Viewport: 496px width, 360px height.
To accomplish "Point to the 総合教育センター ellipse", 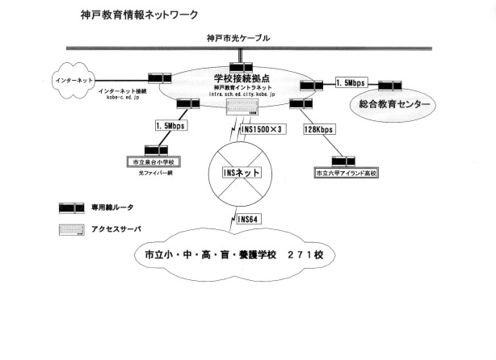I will click(x=389, y=104).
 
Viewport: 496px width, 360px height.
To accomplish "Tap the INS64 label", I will click(x=250, y=219).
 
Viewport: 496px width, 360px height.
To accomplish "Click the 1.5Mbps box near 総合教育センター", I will click(x=351, y=82).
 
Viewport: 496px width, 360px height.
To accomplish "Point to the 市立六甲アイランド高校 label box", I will click(x=346, y=172).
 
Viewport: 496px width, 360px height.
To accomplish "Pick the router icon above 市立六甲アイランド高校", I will click(x=336, y=160).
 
